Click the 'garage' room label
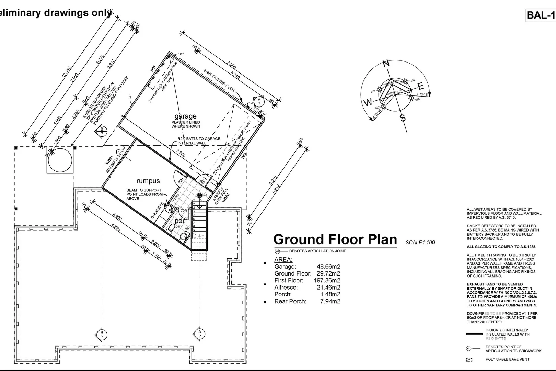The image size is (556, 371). click(x=185, y=116)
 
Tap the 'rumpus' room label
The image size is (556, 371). click(x=148, y=181)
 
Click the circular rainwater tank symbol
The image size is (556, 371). click(x=60, y=160)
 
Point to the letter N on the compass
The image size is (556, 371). click(x=386, y=64)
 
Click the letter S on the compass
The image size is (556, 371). click(x=403, y=118)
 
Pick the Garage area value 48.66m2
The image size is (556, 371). click(x=328, y=267)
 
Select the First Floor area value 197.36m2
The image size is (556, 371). click(x=327, y=280)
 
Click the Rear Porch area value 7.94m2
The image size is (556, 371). click(x=330, y=301)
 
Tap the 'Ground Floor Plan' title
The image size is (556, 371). click(x=335, y=239)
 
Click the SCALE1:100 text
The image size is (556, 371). click(x=420, y=242)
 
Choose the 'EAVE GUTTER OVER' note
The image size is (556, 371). click(x=219, y=80)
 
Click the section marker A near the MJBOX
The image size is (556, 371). click(x=259, y=101)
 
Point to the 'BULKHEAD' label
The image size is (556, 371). click(x=158, y=211)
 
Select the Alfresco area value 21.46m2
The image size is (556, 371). click(x=328, y=287)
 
